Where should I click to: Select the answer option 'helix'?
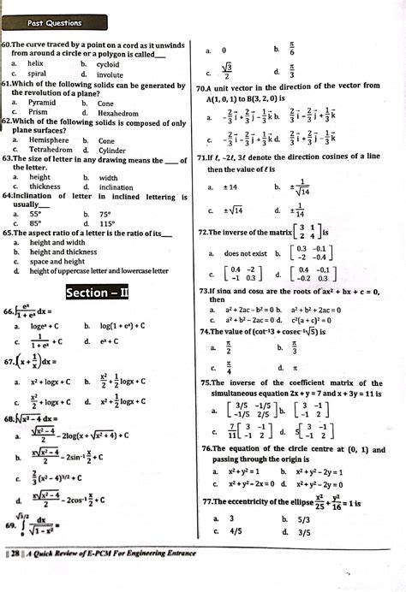coord(35,64)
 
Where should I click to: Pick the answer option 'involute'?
coord(110,74)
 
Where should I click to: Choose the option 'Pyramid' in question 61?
coord(42,103)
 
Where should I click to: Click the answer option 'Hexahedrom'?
coord(118,113)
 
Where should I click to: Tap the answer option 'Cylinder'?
coord(113,150)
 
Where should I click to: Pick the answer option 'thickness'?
coord(45,186)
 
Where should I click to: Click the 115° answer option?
coord(104,224)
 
